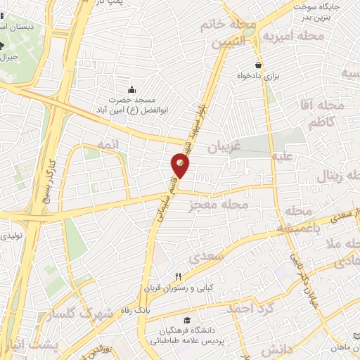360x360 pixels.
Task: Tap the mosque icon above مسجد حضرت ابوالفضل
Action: [x=131, y=89]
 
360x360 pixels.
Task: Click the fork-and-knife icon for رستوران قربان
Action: [x=179, y=276]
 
